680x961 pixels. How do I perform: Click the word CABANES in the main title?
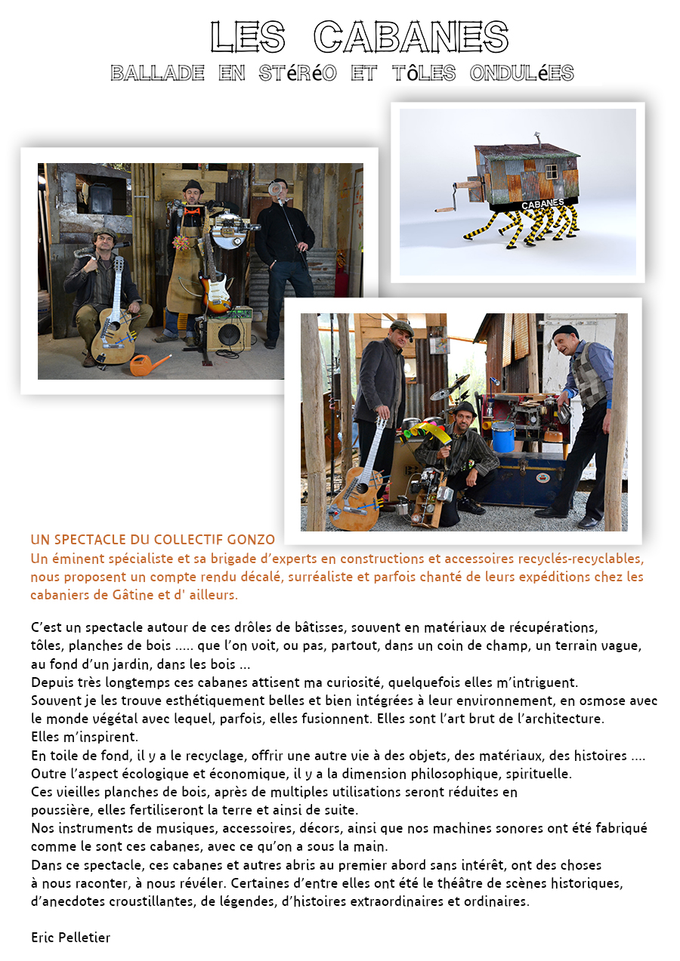pos(411,36)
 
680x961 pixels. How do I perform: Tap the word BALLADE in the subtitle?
pos(157,73)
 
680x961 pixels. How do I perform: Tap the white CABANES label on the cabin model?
pos(542,204)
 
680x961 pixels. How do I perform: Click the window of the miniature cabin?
pos(552,171)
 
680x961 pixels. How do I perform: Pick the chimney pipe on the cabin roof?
pos(538,139)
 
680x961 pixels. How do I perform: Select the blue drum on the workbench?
pos(503,436)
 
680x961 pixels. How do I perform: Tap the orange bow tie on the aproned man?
pos(193,211)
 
